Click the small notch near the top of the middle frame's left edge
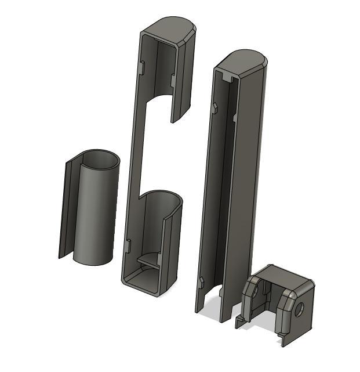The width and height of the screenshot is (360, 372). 141,67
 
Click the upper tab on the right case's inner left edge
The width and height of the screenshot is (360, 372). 215,107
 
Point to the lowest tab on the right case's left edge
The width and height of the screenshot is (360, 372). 201,283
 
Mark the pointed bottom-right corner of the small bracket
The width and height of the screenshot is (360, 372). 283,344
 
